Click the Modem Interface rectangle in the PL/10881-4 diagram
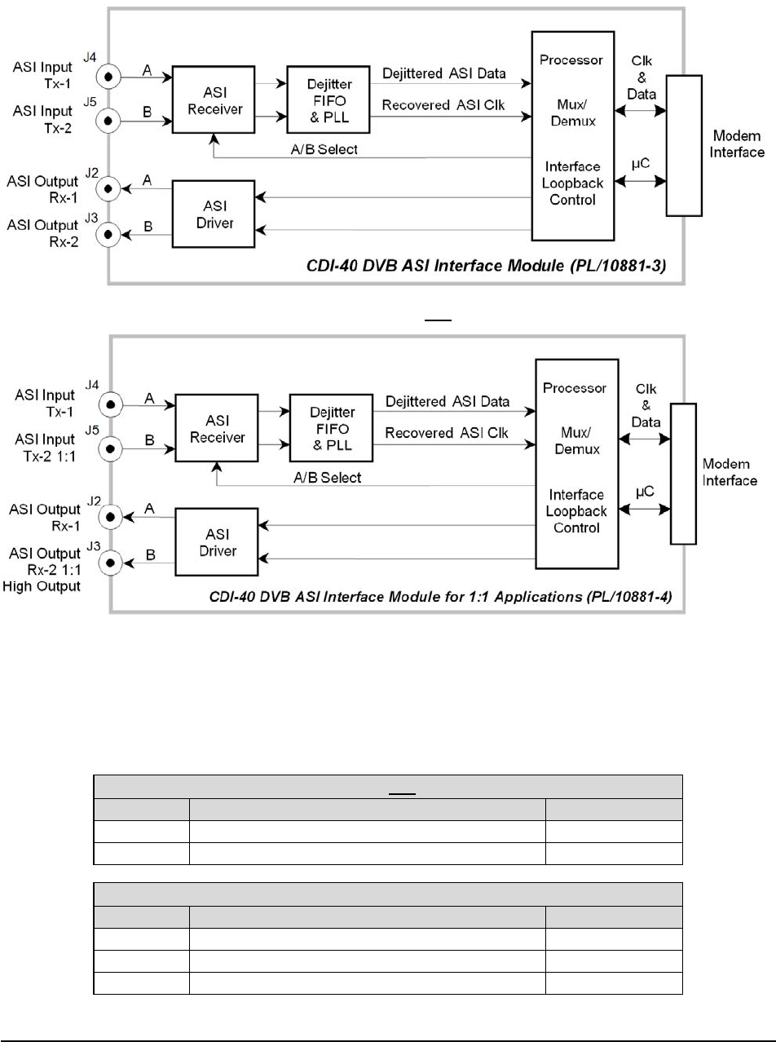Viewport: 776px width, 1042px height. [x=682, y=473]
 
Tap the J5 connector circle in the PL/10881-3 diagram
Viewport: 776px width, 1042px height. [x=108, y=121]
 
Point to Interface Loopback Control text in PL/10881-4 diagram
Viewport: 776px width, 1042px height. [x=575, y=511]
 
